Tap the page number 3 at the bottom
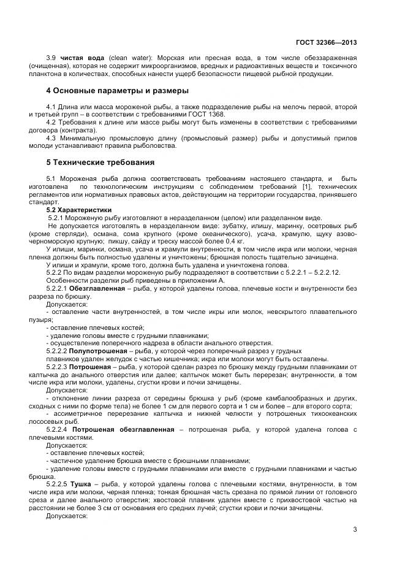[x=355, y=529]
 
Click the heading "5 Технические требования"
[x=100, y=163]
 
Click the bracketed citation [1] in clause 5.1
[x=306, y=186]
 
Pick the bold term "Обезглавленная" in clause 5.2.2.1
[x=96, y=288]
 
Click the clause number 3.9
[x=51, y=58]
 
